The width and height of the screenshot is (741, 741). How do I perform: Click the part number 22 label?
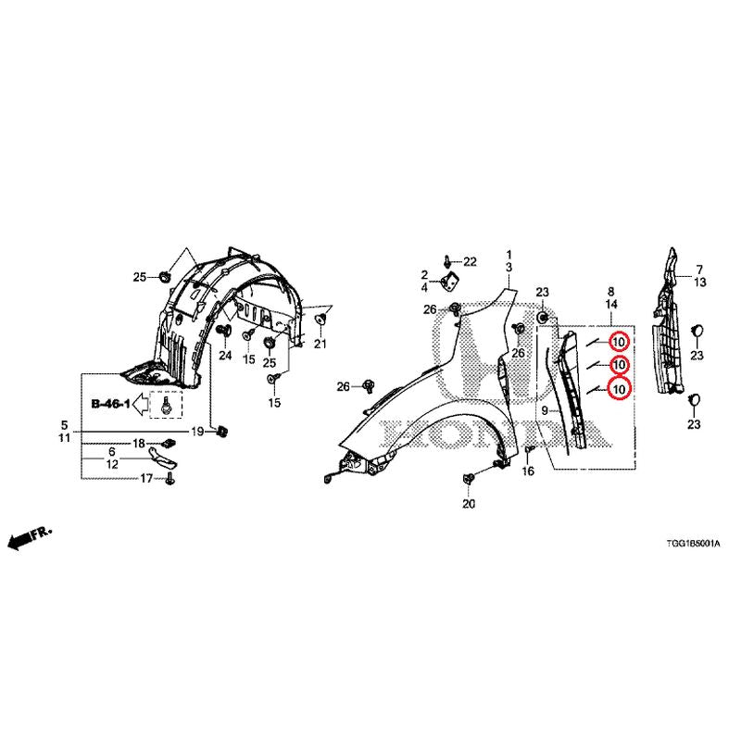pos(470,262)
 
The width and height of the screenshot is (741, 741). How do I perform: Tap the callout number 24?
pos(225,355)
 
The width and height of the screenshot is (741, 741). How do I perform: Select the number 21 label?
pos(320,344)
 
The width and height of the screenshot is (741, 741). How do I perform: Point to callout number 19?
pos(197,432)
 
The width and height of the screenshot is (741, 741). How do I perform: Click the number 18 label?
pos(138,444)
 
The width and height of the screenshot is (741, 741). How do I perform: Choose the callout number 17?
pos(146,479)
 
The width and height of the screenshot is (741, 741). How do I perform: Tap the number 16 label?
pos(528,471)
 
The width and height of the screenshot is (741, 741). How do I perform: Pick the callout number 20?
pos(469,504)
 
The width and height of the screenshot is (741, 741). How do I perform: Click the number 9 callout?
pos(545,410)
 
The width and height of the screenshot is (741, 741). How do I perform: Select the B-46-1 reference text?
pos(110,404)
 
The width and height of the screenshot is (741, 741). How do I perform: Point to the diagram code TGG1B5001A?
pos(693,544)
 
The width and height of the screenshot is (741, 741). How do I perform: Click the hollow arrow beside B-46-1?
pos(141,405)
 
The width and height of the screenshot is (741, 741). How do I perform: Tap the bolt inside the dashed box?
pos(166,406)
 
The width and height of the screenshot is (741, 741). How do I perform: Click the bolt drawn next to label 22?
pos(447,260)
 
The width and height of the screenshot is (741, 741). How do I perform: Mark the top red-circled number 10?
pos(619,342)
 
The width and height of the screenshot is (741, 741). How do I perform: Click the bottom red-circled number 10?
pos(619,388)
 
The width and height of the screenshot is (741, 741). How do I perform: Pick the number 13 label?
pos(700,283)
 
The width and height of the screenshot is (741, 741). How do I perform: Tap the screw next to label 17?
pos(170,480)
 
